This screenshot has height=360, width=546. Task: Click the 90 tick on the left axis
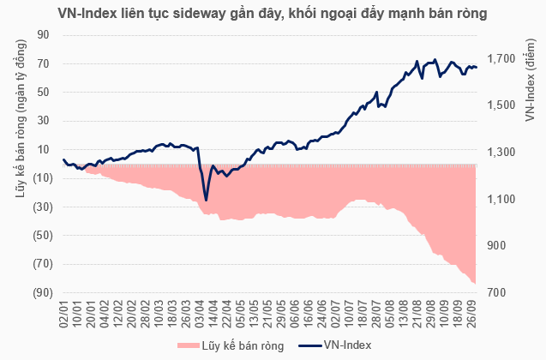[42, 35]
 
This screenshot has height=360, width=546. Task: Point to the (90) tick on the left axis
[39, 293]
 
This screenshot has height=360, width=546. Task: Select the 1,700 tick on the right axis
[500, 59]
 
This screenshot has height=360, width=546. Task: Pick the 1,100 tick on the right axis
[500, 200]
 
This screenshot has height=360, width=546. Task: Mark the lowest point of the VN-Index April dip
[207, 200]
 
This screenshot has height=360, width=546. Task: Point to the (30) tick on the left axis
[39, 207]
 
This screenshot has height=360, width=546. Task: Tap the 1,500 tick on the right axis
[500, 106]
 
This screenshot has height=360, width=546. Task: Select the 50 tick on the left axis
[42, 93]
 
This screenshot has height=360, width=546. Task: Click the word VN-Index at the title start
[87, 14]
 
